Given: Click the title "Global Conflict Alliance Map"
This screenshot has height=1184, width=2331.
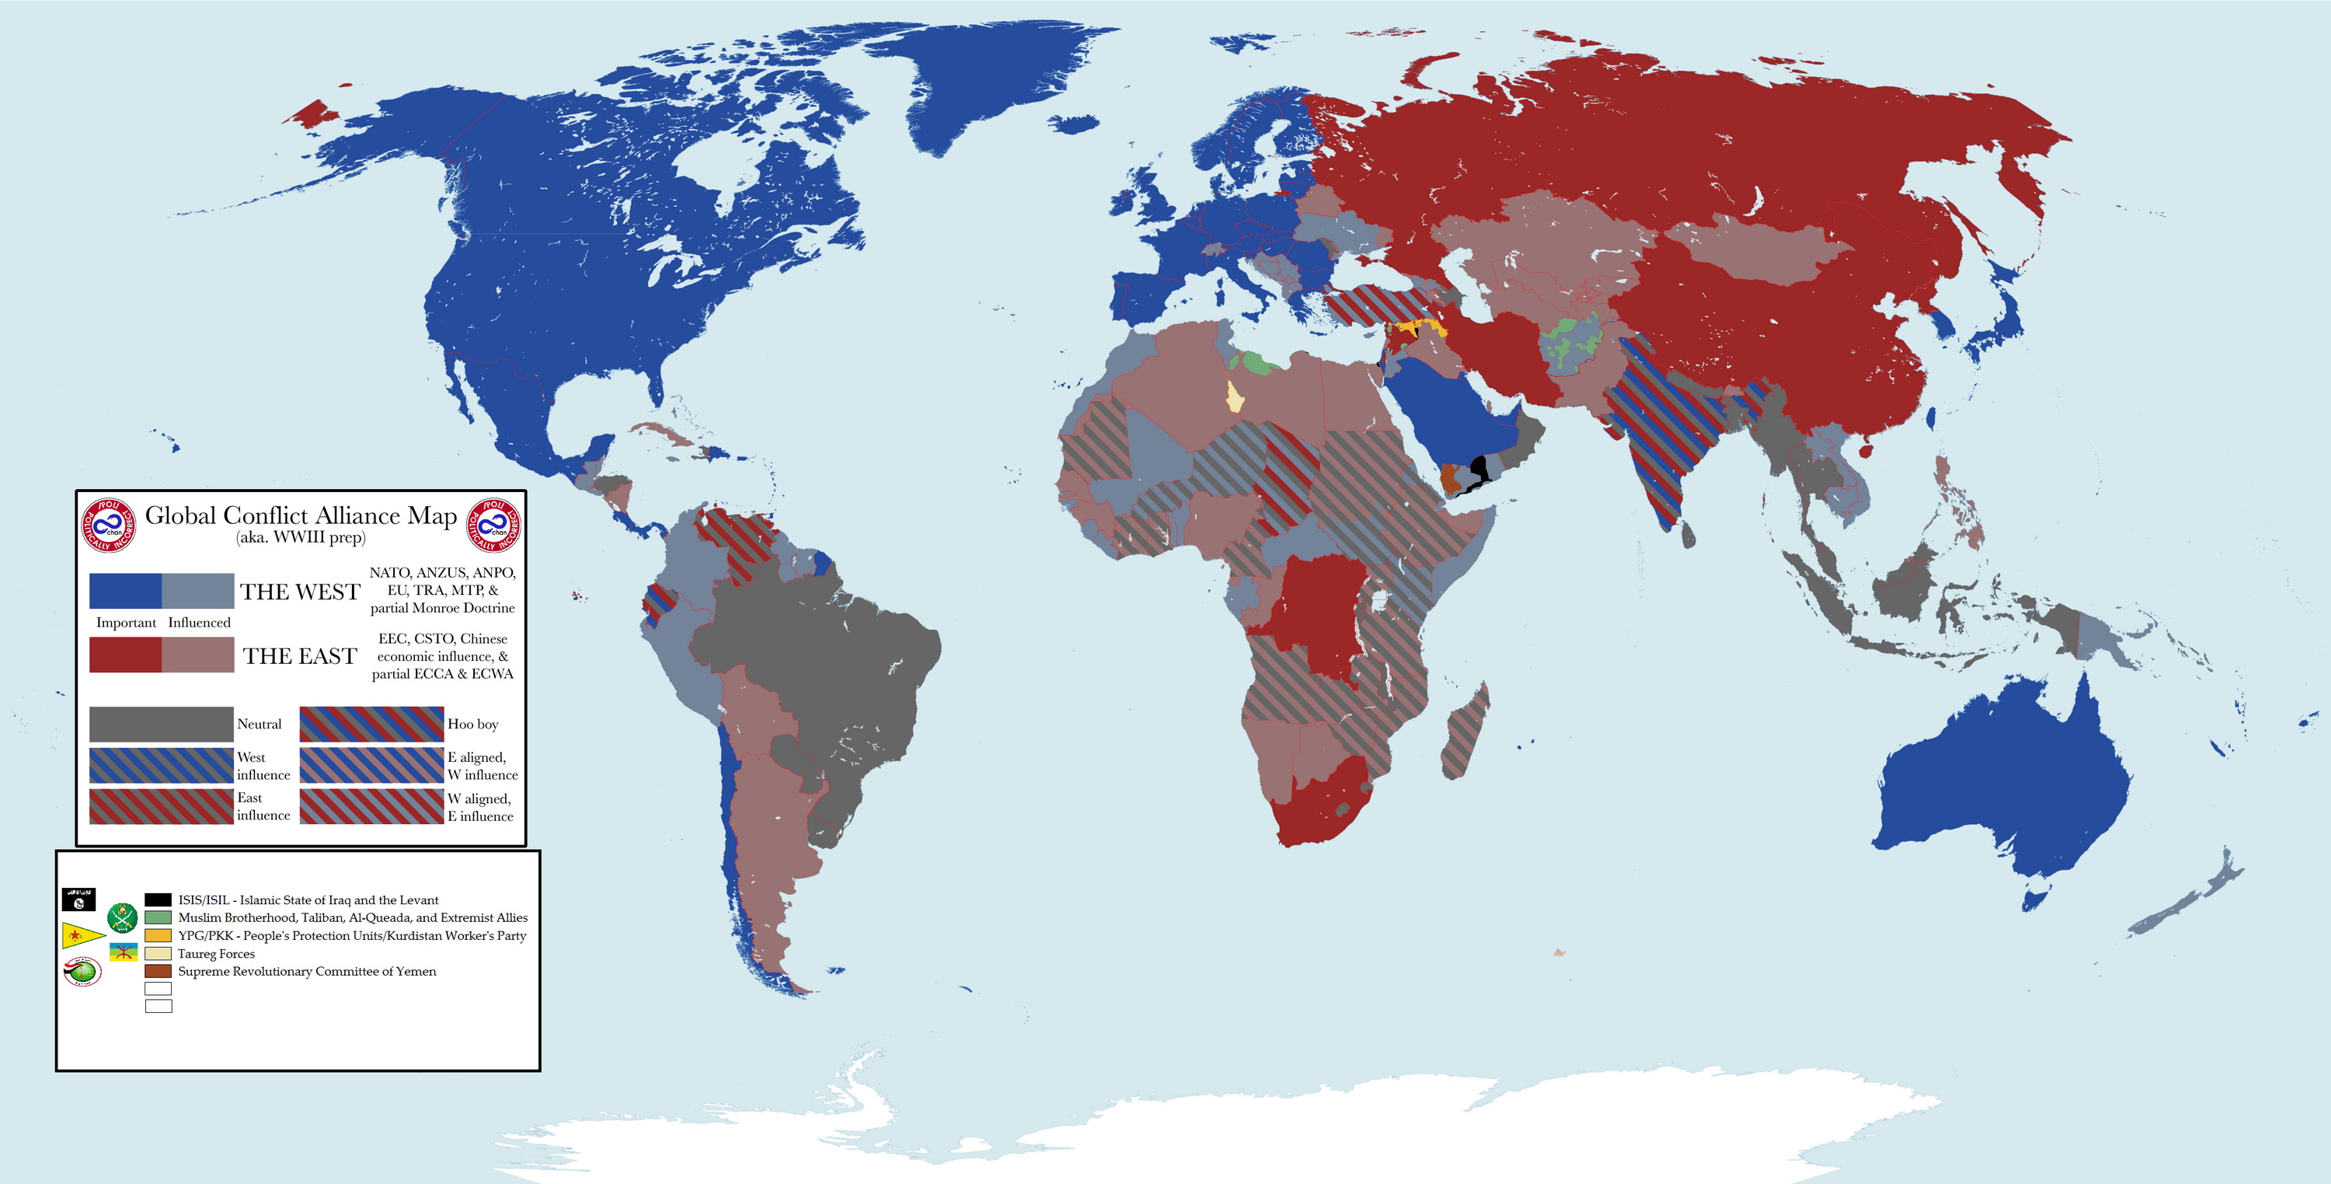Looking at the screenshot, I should tap(301, 515).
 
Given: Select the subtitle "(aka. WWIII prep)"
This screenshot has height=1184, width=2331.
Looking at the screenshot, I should tap(301, 538).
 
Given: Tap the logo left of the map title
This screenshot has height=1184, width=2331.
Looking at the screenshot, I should tap(109, 525).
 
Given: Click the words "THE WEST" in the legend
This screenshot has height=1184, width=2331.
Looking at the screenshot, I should tap(301, 592).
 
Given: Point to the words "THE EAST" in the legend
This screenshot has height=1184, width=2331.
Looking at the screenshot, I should tap(301, 656).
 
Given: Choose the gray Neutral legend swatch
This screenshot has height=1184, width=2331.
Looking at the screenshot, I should tap(161, 724).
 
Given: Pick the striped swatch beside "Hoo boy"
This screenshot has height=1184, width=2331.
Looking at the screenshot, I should tap(371, 724).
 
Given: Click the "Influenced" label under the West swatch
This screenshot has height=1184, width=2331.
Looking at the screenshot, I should tap(199, 623).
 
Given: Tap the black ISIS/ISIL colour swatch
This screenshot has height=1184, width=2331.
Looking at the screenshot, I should tap(158, 899).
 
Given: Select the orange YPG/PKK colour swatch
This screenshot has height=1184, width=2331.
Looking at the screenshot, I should tap(158, 935).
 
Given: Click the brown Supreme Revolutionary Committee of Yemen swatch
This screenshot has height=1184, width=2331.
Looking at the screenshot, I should tap(158, 971).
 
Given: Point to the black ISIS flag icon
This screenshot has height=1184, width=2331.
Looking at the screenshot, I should tap(78, 899).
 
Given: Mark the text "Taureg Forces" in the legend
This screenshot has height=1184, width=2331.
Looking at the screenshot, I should tap(216, 954).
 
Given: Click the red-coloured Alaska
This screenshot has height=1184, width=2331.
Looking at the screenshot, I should tap(313, 114).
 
